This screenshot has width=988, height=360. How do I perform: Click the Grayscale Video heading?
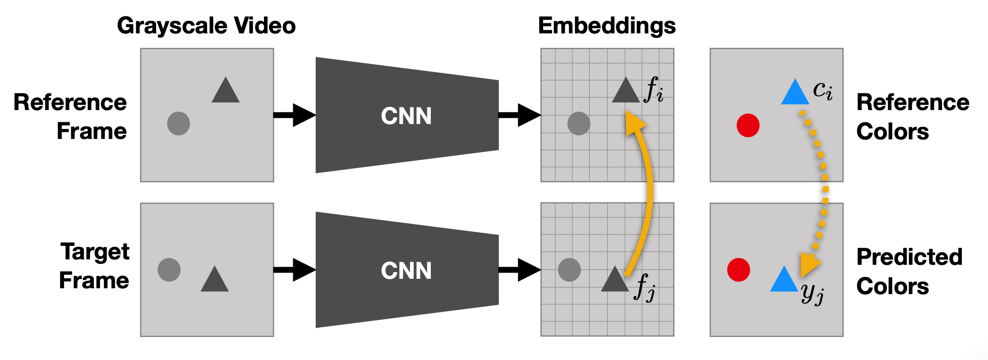coord(206,26)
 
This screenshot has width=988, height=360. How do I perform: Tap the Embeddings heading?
coord(607,26)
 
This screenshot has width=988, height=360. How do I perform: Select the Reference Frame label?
coord(70,116)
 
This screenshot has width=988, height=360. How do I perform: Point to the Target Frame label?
coord(94,266)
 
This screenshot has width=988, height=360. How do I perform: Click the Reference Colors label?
coord(913,116)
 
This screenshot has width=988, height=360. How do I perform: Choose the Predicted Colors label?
coord(910,271)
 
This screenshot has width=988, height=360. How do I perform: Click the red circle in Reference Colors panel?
coord(748,125)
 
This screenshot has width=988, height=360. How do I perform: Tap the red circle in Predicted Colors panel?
coord(739,270)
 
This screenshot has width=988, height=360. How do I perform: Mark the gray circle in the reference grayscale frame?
coord(179,124)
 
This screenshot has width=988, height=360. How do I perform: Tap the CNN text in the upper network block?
coord(406,116)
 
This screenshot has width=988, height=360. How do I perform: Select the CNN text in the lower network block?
coord(406,271)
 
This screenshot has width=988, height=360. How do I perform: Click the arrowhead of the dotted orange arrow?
coord(809,265)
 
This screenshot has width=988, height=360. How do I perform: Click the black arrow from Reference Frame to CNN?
coord(295,115)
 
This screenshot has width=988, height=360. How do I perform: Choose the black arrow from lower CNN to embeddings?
coord(520,270)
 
